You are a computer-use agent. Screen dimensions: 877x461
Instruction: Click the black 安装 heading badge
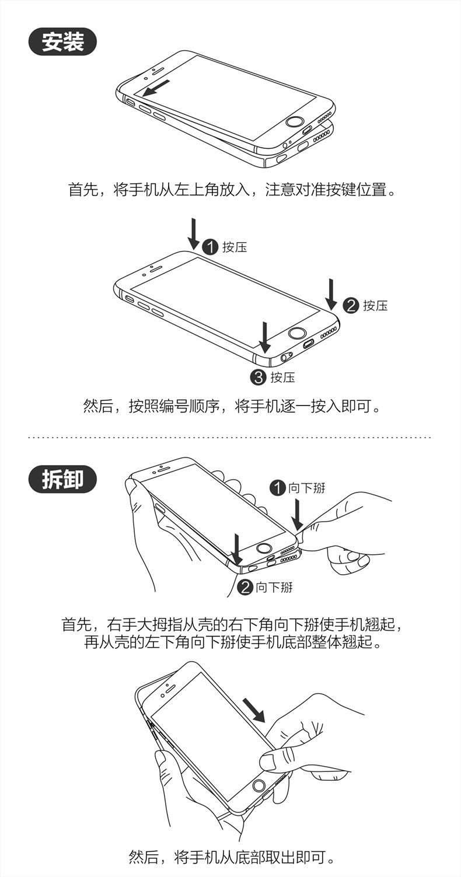62,42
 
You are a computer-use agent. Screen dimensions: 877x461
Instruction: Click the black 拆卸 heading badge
62,479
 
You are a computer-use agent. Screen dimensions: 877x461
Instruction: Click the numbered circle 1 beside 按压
210,247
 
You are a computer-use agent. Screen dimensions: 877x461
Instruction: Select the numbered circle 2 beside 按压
350,305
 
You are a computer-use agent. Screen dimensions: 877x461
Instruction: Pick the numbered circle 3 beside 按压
258,377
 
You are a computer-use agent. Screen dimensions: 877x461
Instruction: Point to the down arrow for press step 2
331,294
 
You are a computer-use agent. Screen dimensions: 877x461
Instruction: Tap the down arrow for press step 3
265,337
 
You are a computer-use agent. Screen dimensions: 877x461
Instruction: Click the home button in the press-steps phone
298,334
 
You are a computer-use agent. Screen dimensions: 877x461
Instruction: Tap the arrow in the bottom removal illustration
253,708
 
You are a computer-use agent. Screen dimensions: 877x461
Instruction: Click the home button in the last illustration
260,786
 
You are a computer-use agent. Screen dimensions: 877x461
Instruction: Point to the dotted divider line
230,437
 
